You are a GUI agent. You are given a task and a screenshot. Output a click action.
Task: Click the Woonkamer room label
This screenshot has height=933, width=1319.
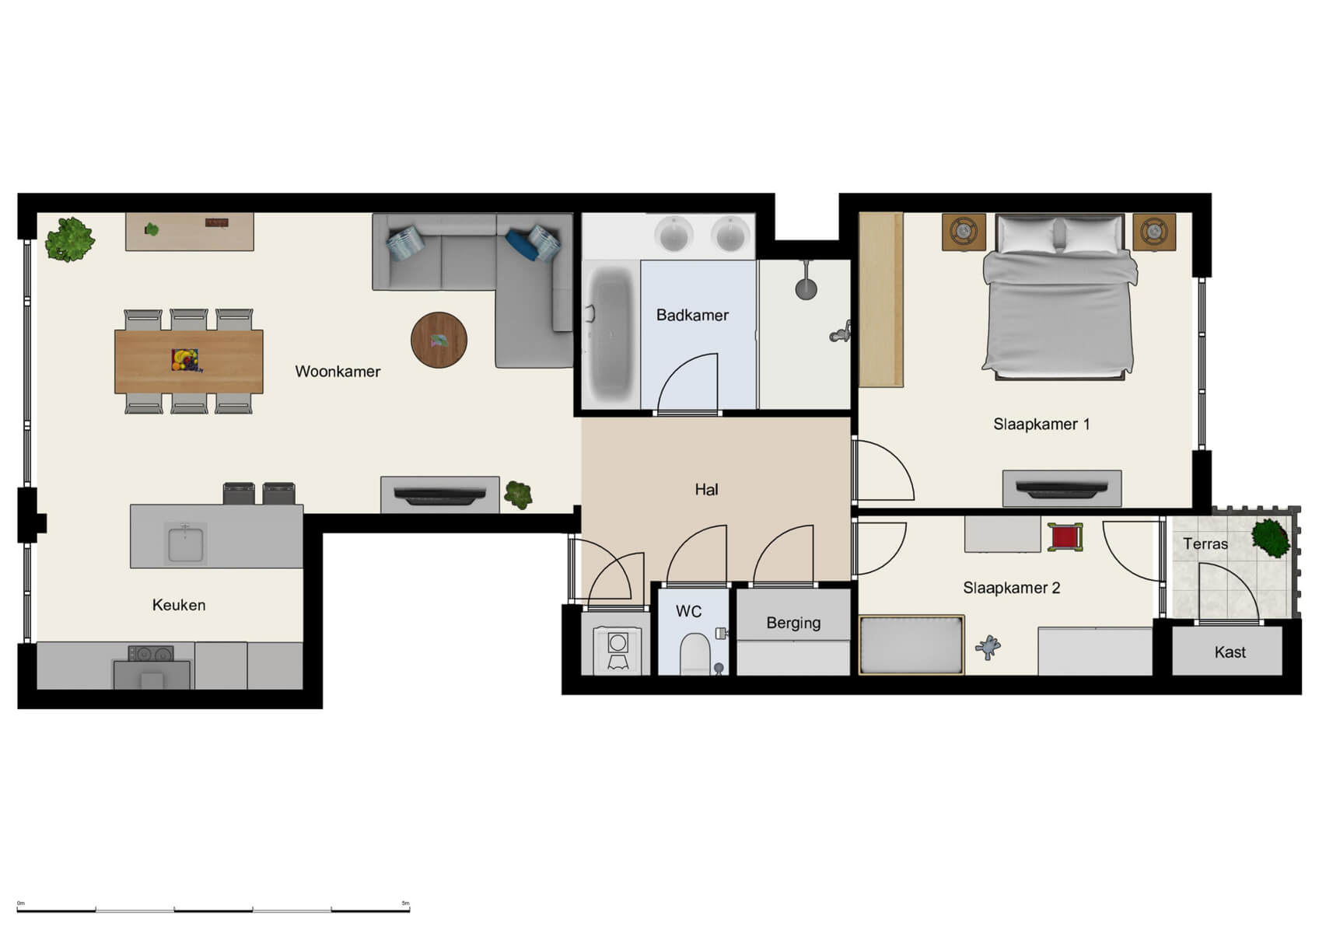338,372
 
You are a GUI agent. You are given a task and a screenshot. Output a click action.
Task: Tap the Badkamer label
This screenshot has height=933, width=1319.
692,315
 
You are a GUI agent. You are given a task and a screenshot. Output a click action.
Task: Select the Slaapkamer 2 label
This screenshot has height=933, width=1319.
1011,588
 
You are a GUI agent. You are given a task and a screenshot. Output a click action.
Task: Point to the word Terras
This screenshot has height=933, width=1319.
1205,543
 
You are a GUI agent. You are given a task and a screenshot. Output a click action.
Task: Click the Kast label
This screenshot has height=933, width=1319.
1230,652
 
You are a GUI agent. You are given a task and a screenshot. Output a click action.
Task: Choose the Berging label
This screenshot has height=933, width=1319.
793,623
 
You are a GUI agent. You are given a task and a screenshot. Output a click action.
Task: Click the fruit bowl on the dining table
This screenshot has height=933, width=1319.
184,360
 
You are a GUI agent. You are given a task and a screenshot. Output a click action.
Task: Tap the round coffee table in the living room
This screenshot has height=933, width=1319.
439,340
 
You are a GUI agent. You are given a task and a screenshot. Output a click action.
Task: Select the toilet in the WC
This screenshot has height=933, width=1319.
694,654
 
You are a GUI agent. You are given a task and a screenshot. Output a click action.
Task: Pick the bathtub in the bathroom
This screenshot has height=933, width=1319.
612,334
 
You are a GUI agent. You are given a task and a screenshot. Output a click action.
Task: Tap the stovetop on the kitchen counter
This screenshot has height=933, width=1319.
150,654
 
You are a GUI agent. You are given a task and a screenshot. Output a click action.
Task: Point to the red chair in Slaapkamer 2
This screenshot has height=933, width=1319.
1064,536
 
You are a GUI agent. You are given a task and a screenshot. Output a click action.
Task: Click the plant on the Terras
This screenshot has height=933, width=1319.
1271,536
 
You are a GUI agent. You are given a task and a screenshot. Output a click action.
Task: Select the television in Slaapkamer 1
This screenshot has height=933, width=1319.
1062,489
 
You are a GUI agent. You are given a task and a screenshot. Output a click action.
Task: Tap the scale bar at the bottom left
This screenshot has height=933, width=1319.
213,909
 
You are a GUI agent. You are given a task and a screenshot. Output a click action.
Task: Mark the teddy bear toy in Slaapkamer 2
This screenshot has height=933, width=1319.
988,647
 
